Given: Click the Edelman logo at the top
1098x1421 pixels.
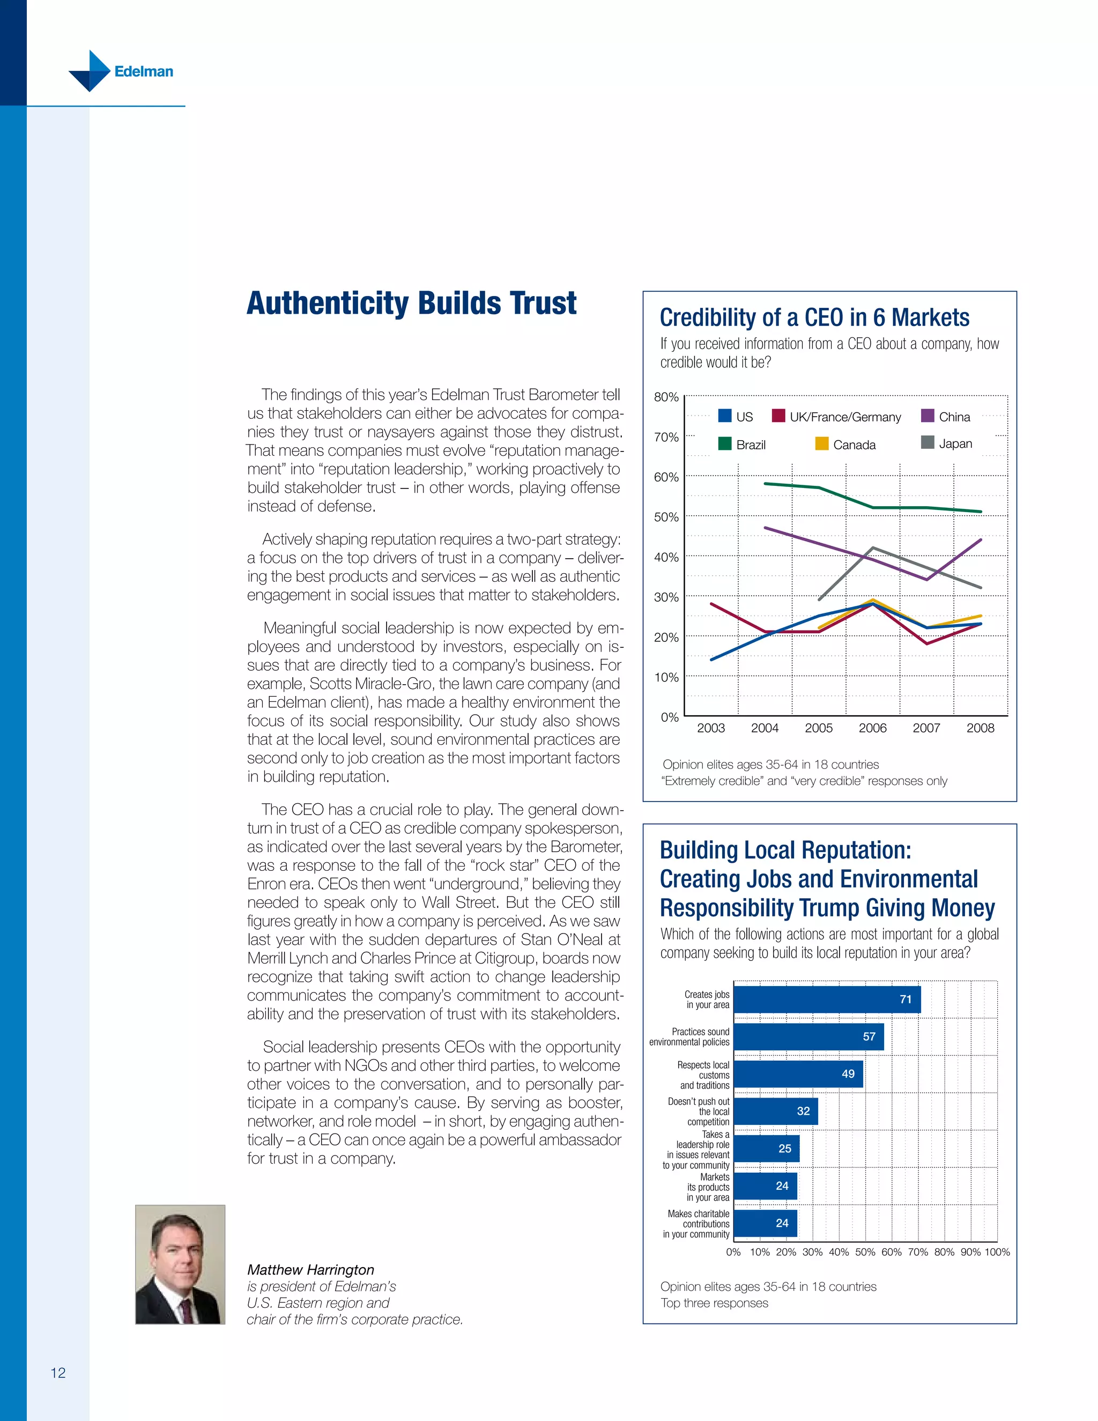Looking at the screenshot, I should click(x=121, y=71).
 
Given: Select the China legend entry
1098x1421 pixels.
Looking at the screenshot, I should click(x=946, y=417).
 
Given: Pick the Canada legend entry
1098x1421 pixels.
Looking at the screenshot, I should click(x=845, y=445).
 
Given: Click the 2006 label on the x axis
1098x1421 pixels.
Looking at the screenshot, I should click(x=872, y=728).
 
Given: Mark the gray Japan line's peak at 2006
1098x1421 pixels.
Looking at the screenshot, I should click(x=872, y=548).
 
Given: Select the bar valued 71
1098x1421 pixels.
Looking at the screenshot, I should click(x=826, y=1000).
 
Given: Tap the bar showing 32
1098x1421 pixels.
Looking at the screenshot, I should click(x=775, y=1111).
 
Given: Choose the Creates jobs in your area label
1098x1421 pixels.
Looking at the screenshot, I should click(x=707, y=1000).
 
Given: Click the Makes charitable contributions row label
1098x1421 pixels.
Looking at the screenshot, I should click(x=698, y=1224).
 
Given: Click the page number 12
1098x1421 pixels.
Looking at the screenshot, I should click(x=58, y=1373).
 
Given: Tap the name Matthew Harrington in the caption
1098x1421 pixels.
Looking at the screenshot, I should click(x=310, y=1269).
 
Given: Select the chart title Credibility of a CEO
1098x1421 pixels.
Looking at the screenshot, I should click(x=814, y=317).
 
